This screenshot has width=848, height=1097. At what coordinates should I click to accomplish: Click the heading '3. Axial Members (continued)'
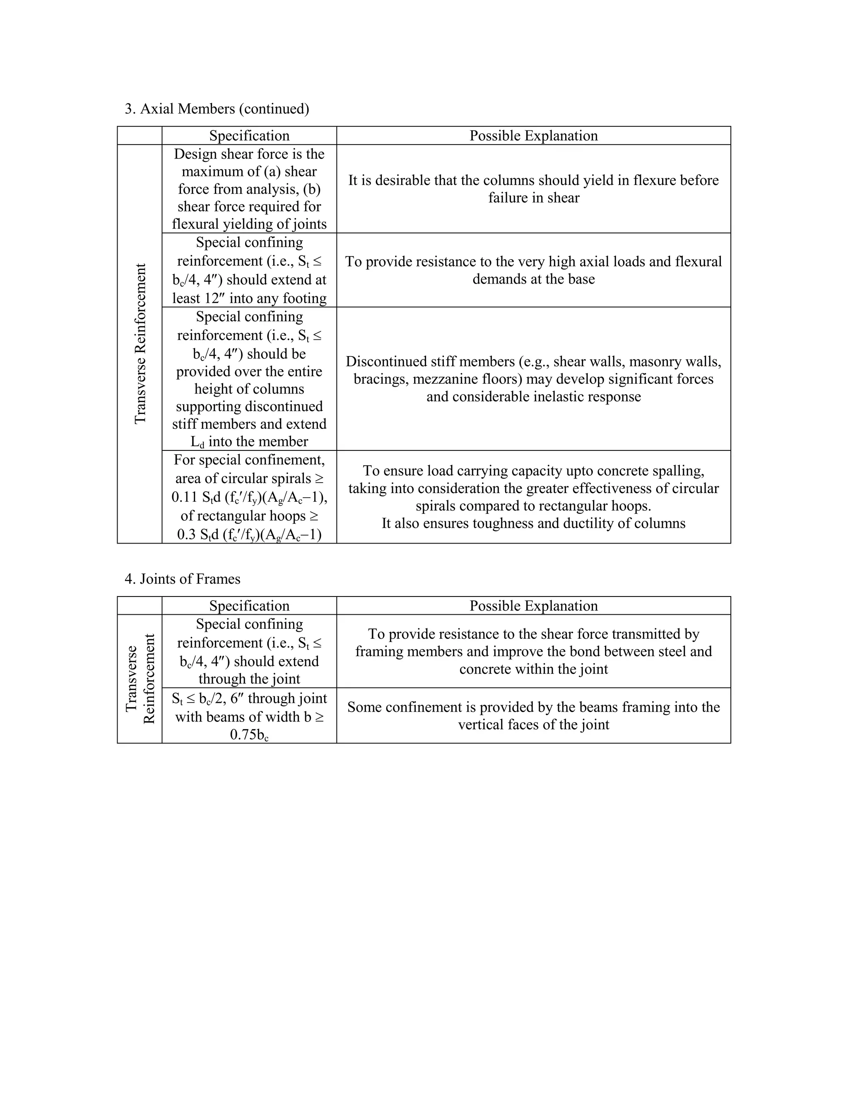[x=217, y=109]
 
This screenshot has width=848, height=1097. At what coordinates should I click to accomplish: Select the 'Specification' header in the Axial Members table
[x=249, y=136]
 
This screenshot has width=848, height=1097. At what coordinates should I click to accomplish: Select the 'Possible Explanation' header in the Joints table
[x=533, y=606]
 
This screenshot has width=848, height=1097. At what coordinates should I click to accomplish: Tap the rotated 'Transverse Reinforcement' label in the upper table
[x=140, y=344]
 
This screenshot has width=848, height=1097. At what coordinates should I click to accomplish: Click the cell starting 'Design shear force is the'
[x=249, y=189]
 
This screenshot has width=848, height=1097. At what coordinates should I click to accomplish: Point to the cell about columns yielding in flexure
[x=533, y=189]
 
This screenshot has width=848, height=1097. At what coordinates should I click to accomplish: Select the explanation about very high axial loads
[x=533, y=270]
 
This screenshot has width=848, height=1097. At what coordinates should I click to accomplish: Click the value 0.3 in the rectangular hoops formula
[x=187, y=534]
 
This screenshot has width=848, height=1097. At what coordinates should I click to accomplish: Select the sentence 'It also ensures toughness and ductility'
[x=533, y=523]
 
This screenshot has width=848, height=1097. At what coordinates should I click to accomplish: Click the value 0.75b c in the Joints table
[x=249, y=735]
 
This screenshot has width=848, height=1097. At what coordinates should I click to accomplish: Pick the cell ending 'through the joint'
[x=249, y=652]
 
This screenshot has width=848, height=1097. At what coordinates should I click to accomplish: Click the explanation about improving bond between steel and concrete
[x=533, y=652]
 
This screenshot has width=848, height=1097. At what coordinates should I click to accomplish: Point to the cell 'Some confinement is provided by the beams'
[x=533, y=716]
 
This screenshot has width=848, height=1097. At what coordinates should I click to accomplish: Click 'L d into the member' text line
[x=249, y=442]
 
